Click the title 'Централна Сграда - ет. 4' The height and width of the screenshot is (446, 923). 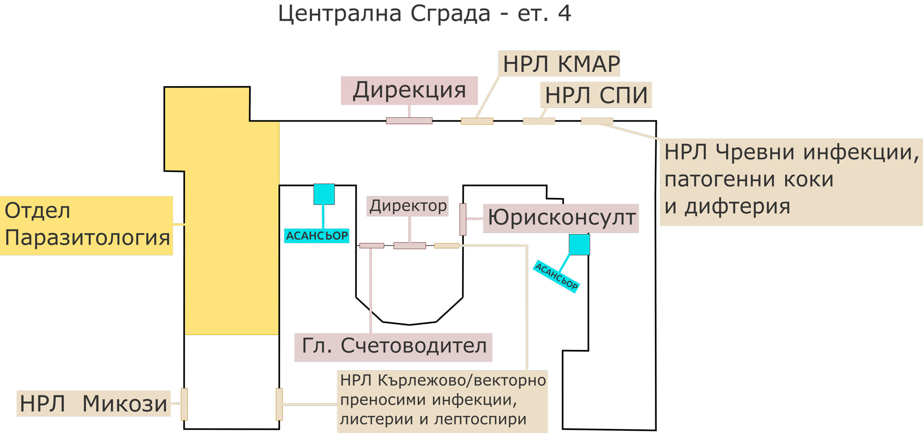(x=425, y=14)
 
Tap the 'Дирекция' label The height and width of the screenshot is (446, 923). (x=409, y=90)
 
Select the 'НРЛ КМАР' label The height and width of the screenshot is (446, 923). (x=559, y=64)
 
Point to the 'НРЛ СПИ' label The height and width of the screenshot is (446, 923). (x=596, y=95)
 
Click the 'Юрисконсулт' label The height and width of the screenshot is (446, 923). (x=561, y=218)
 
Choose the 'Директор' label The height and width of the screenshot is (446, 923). (x=408, y=206)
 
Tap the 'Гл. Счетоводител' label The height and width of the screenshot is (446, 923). (x=394, y=346)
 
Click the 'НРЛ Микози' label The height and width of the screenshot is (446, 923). (x=94, y=404)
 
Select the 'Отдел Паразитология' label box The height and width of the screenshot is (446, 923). (x=87, y=225)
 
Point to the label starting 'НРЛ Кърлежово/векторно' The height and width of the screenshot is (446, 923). (x=442, y=400)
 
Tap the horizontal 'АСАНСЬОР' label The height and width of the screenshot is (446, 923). (x=317, y=236)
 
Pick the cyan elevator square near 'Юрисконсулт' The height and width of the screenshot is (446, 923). (x=579, y=244)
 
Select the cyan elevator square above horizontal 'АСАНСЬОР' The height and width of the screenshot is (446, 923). (x=324, y=194)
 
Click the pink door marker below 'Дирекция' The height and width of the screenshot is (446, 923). (x=409, y=121)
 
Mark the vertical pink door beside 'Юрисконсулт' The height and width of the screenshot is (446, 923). (x=463, y=219)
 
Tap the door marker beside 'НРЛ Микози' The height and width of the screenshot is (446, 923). (x=184, y=404)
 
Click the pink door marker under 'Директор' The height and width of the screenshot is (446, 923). (x=409, y=246)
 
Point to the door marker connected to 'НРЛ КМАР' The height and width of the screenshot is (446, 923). (x=477, y=121)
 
